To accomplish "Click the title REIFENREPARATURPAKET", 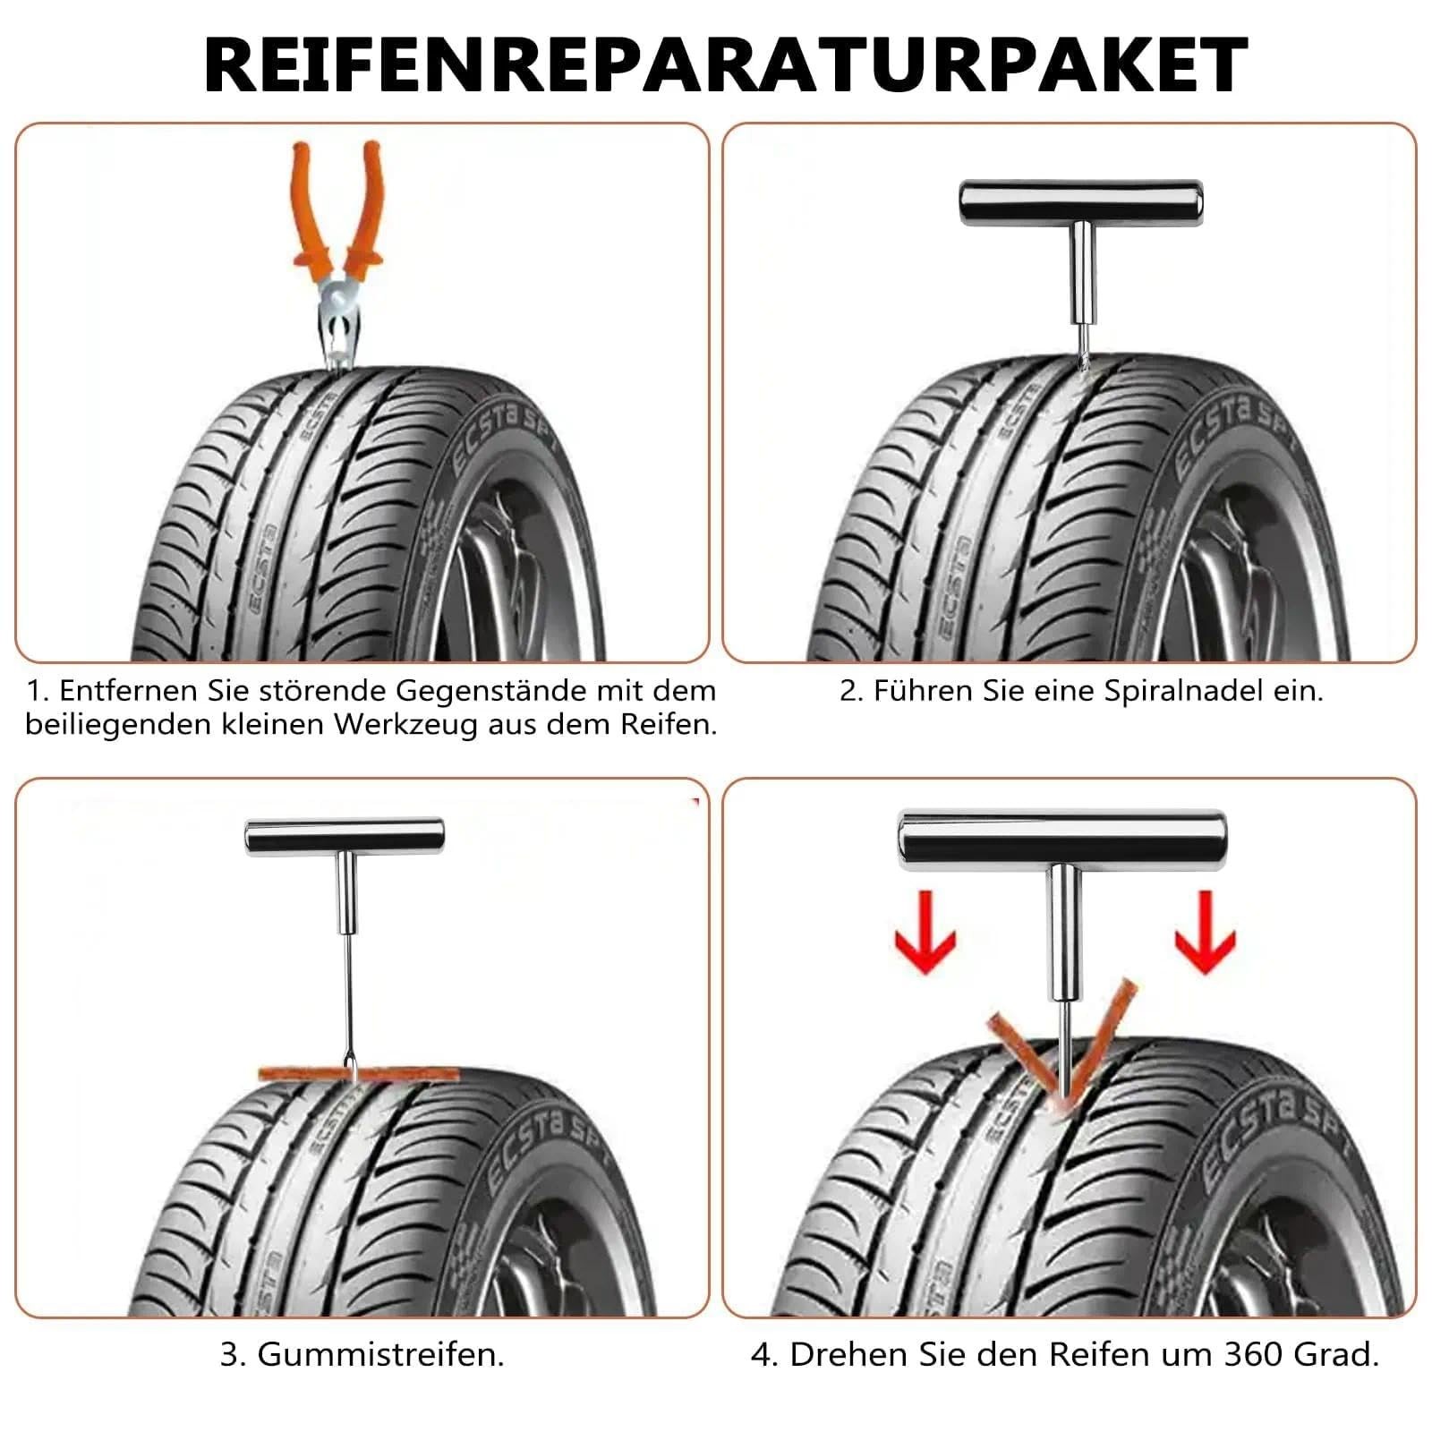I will [x=725, y=64].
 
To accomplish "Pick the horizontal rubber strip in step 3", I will [x=358, y=1072].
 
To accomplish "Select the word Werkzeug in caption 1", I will [x=406, y=724].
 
